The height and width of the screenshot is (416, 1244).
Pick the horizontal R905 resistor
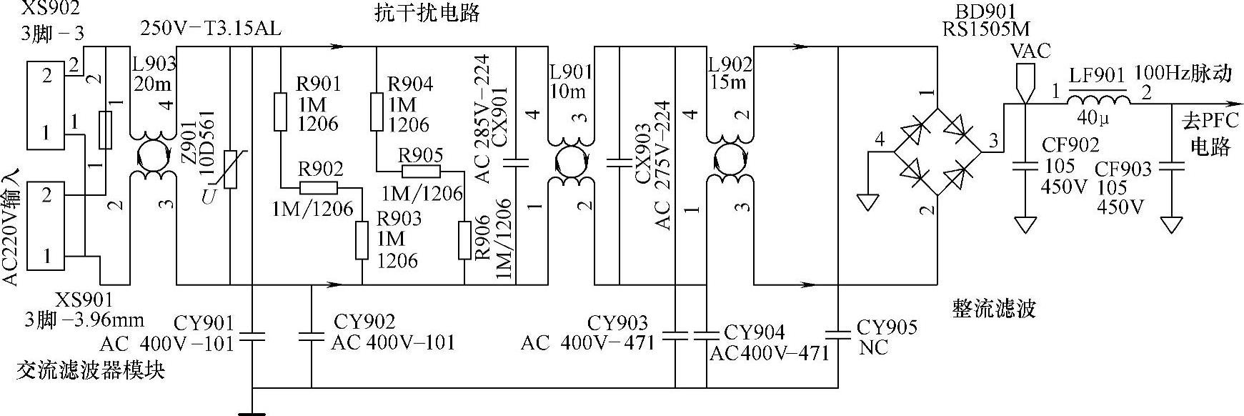tap(420, 172)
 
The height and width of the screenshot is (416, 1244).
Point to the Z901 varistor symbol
tap(229, 169)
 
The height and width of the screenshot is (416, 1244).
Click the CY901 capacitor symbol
tap(253, 335)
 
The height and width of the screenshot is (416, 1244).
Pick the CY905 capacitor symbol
tap(838, 333)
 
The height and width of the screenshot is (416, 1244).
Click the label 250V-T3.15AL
tap(211, 29)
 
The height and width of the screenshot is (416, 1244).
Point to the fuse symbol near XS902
tap(106, 129)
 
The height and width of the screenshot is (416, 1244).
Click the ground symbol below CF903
tap(1171, 225)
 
